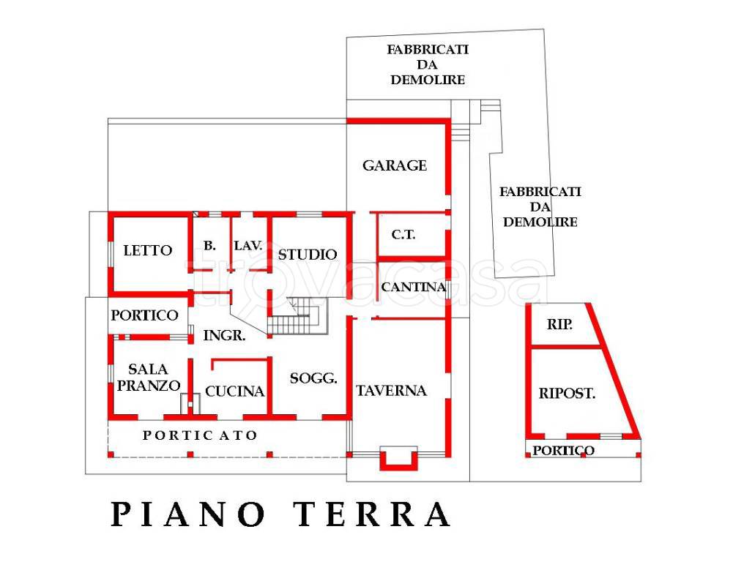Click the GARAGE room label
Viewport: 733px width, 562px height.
click(395, 165)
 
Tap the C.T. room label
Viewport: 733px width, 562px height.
click(403, 234)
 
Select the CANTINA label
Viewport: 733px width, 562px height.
click(413, 287)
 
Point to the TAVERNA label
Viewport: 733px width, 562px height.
click(391, 391)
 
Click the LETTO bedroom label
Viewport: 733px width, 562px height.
click(148, 250)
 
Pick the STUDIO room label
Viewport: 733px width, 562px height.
click(308, 255)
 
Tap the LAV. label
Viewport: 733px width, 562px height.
click(248, 246)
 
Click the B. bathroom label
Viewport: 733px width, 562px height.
click(210, 246)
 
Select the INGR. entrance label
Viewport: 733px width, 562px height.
click(224, 335)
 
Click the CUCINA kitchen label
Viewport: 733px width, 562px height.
click(234, 391)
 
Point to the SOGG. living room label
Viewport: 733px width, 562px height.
click(313, 378)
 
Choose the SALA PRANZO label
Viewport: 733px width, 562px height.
click(148, 378)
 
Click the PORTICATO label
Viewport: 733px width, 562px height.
click(200, 435)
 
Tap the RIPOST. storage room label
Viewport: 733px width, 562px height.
click(567, 394)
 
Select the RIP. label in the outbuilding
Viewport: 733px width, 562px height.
click(559, 324)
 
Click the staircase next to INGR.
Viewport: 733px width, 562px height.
click(297, 316)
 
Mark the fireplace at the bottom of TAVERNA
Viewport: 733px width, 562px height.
click(398, 458)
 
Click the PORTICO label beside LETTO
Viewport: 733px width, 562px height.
click(144, 315)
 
